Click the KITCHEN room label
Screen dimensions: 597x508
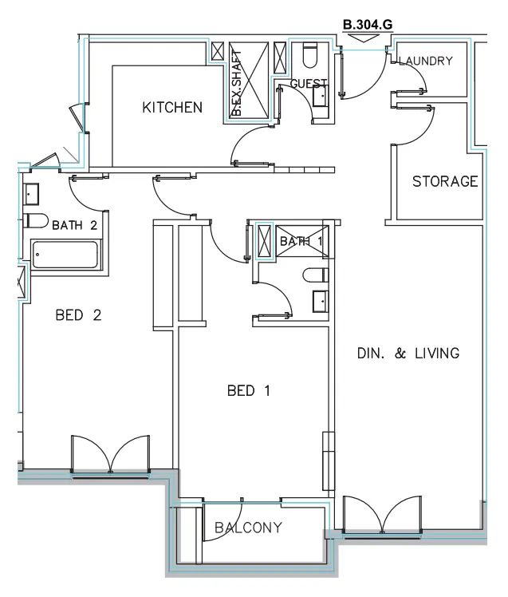[x=172, y=108]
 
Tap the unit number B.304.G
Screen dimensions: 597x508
[x=367, y=26]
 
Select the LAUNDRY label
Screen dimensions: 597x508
[x=426, y=61]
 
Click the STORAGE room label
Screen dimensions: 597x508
[x=445, y=182]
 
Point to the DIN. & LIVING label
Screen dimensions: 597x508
[x=405, y=353]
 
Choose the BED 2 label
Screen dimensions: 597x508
[x=78, y=314]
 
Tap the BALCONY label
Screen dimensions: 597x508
[x=248, y=527]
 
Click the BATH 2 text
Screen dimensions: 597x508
[x=74, y=225]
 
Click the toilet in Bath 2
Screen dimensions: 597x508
[x=34, y=221]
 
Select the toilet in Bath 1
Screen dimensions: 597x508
[x=315, y=276]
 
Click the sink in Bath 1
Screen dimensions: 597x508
[x=318, y=302]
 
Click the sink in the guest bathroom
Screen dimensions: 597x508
[x=321, y=96]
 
